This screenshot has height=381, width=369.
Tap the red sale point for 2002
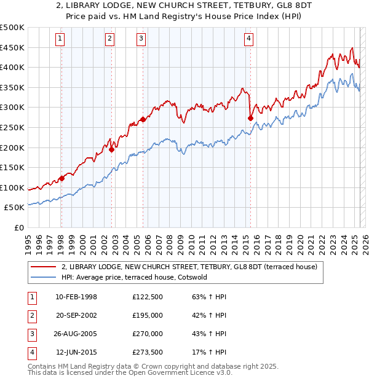(x=112, y=149)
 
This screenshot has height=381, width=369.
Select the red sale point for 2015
(x=250, y=118)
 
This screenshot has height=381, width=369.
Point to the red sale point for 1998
(x=61, y=178)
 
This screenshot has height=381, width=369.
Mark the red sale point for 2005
(x=143, y=119)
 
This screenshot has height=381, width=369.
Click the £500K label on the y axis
(x=12, y=28)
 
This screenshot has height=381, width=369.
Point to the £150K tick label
(x=12, y=168)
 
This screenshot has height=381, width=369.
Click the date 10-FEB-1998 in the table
(x=76, y=297)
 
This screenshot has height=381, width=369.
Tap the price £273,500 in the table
(x=148, y=352)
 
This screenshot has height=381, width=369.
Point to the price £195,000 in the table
(x=148, y=315)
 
